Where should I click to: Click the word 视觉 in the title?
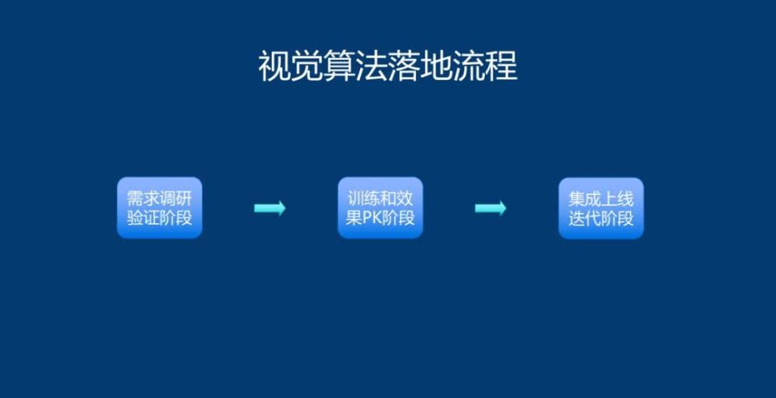[290, 66]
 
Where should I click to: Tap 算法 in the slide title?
[355, 66]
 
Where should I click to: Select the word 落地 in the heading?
[420, 66]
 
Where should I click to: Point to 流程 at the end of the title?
[485, 66]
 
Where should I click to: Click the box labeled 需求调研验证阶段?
[159, 208]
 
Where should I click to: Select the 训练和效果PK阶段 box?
[380, 208]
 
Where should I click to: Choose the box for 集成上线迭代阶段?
[601, 208]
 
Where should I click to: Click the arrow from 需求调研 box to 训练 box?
[270, 208]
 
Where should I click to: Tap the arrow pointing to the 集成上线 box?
[490, 208]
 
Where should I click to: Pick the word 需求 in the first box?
[143, 199]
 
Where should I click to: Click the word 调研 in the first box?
[175, 199]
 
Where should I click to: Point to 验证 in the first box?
[143, 218]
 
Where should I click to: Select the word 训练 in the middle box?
[364, 199]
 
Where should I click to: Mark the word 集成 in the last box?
[584, 199]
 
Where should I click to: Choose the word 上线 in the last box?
[617, 199]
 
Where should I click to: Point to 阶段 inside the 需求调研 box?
[175, 218]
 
